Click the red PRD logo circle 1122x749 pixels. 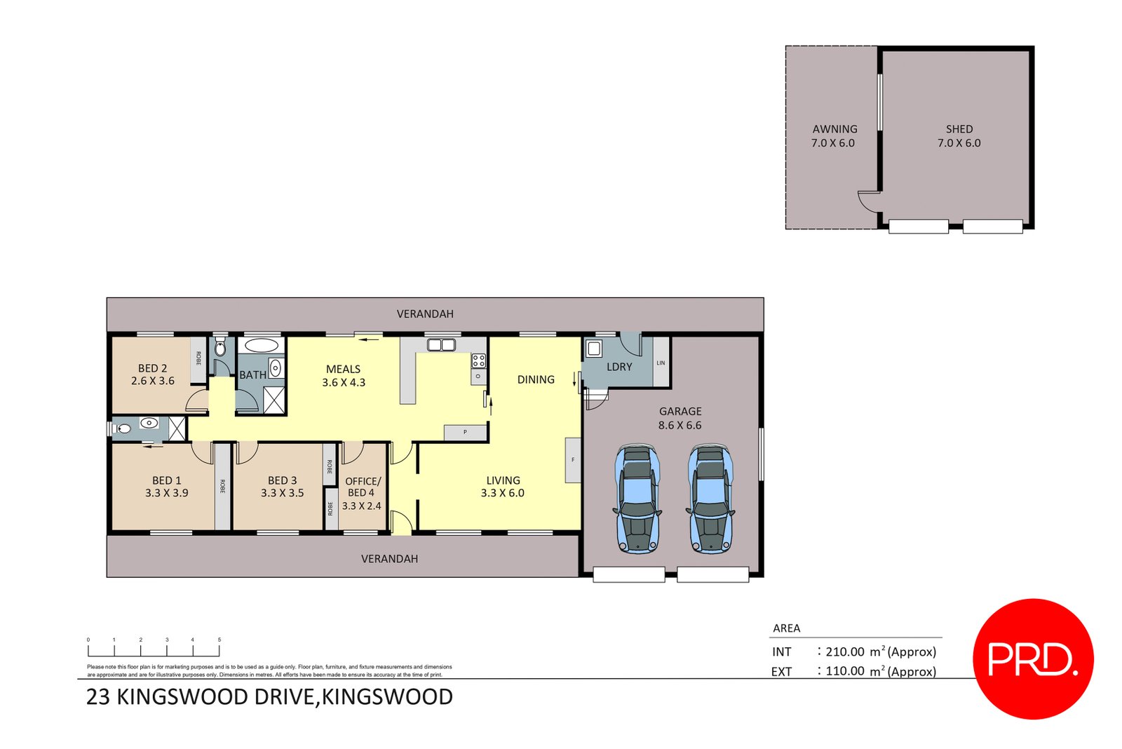[1032, 659]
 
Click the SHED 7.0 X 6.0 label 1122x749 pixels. [959, 136]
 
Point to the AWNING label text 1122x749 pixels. [834, 129]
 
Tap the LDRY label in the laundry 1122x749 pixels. [619, 367]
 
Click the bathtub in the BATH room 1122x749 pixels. [261, 345]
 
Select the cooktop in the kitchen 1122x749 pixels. [478, 361]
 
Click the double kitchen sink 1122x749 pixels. [441, 344]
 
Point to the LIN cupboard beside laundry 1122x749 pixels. [661, 363]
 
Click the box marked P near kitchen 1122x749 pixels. [465, 433]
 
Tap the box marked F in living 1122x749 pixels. [573, 460]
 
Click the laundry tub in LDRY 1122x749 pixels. [594, 349]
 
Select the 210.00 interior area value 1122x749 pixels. [844, 652]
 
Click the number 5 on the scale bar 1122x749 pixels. [219, 640]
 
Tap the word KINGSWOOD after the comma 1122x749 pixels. [387, 697]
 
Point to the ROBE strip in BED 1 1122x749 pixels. [222, 486]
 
